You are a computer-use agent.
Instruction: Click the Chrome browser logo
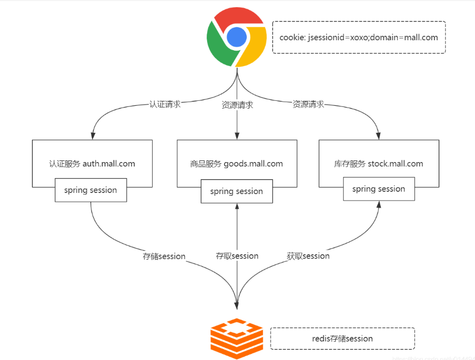click(236, 37)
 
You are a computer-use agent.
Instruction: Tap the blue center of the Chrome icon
click(236, 37)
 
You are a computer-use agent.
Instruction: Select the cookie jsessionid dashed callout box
click(359, 37)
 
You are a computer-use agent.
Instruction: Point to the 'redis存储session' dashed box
click(342, 338)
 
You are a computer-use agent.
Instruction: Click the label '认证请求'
click(165, 104)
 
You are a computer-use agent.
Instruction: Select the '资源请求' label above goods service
click(237, 105)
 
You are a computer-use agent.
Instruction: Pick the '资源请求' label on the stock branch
click(308, 104)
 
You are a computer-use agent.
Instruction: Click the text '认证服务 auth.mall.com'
click(92, 164)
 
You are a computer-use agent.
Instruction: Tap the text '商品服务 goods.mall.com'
click(236, 164)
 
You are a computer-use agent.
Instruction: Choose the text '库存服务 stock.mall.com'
click(379, 164)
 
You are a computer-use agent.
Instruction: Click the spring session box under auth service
click(90, 190)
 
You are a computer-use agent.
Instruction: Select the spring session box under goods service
click(236, 191)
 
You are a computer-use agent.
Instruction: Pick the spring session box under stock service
click(379, 189)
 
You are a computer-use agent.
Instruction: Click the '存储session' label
click(164, 256)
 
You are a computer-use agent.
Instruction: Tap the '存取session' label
click(237, 256)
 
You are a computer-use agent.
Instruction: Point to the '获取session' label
click(308, 256)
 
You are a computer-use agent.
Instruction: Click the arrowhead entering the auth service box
click(93, 136)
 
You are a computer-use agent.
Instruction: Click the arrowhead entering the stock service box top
click(379, 136)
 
